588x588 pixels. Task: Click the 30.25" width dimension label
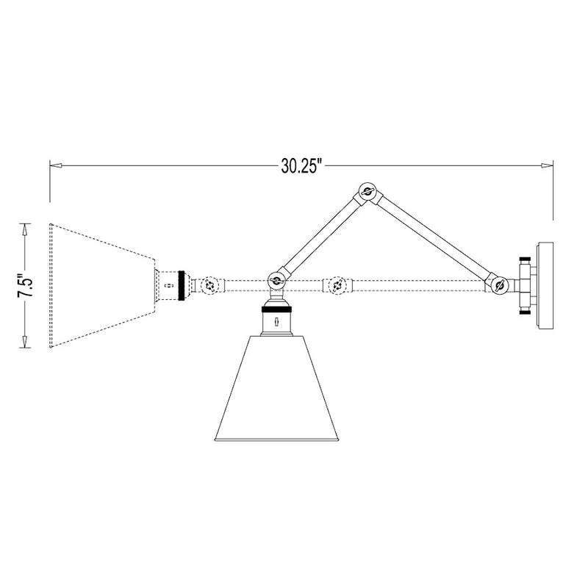[301, 166]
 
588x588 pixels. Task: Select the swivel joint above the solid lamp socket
[276, 280]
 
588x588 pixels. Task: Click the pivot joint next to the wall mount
[499, 286]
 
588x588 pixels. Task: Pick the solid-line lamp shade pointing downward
[276, 389]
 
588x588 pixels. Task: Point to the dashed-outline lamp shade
[102, 285]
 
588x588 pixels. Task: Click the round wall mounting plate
[545, 286]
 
